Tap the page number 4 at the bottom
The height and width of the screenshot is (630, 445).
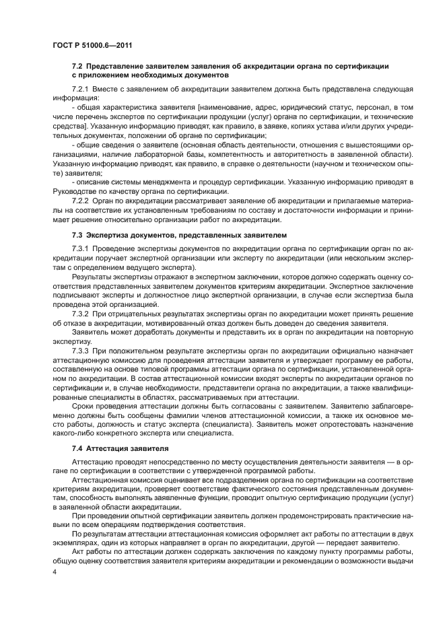point(55,571)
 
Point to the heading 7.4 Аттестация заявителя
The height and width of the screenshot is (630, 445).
point(112,448)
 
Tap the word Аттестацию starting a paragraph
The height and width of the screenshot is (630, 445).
point(93,464)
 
